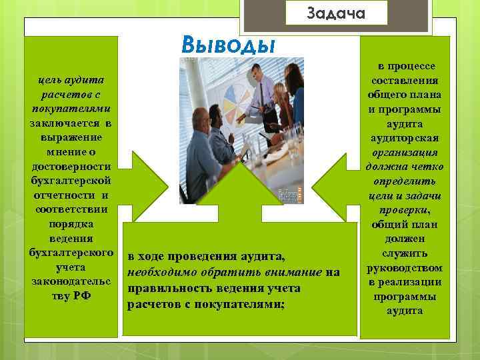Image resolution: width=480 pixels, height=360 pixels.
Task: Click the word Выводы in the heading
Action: (228, 45)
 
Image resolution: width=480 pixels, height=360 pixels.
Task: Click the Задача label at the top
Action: (337, 13)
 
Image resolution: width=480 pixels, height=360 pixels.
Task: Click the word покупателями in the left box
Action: (71, 109)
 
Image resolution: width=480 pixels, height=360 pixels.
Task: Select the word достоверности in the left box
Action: (71, 167)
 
